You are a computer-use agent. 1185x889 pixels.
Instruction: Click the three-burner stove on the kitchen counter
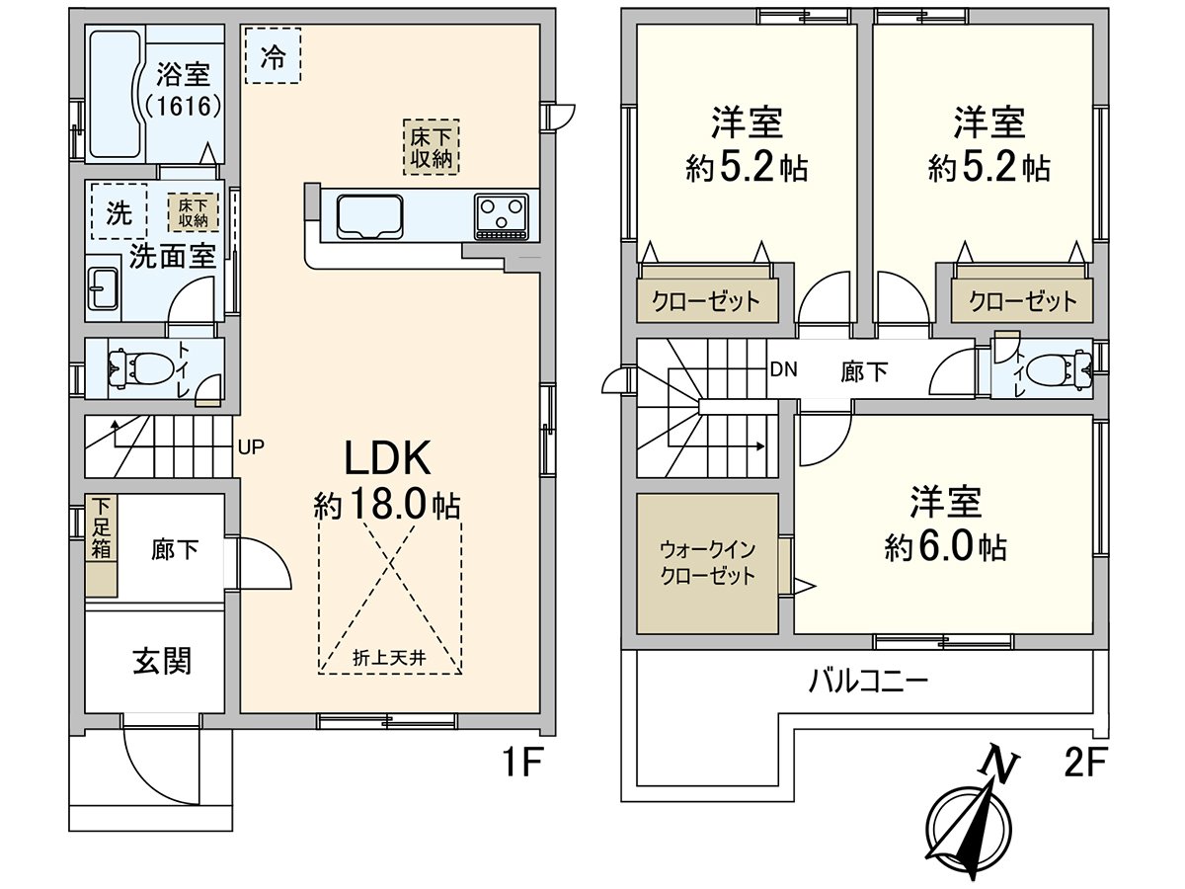[502, 215]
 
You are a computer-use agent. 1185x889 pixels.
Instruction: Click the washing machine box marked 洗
[118, 210]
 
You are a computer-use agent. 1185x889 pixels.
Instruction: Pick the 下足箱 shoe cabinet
[100, 546]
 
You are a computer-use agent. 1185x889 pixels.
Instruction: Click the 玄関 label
[162, 661]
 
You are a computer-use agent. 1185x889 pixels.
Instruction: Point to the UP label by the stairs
[251, 446]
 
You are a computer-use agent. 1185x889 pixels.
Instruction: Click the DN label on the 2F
[783, 370]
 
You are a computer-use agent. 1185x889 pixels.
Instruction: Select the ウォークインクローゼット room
[707, 563]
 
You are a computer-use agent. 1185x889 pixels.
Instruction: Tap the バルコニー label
[868, 682]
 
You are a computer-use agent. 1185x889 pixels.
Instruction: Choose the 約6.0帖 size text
[946, 546]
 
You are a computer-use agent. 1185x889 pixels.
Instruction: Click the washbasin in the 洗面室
[102, 290]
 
